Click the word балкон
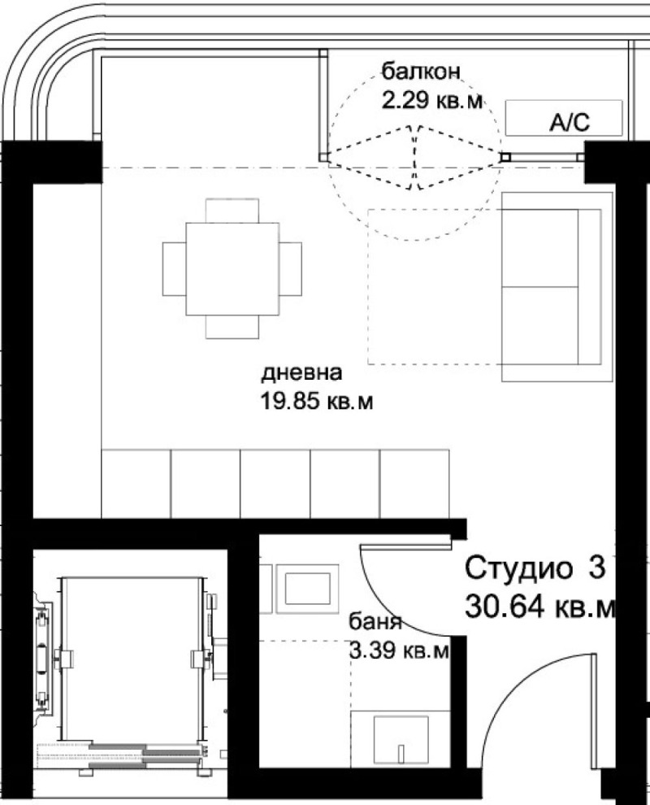tap(421, 72)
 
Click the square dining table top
tap(232, 268)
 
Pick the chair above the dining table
tap(232, 209)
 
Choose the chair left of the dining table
tap(173, 268)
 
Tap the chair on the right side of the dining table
tap(291, 268)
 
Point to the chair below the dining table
tap(232, 327)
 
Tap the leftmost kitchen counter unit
tap(136, 482)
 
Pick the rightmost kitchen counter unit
tap(415, 482)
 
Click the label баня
tap(375, 624)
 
